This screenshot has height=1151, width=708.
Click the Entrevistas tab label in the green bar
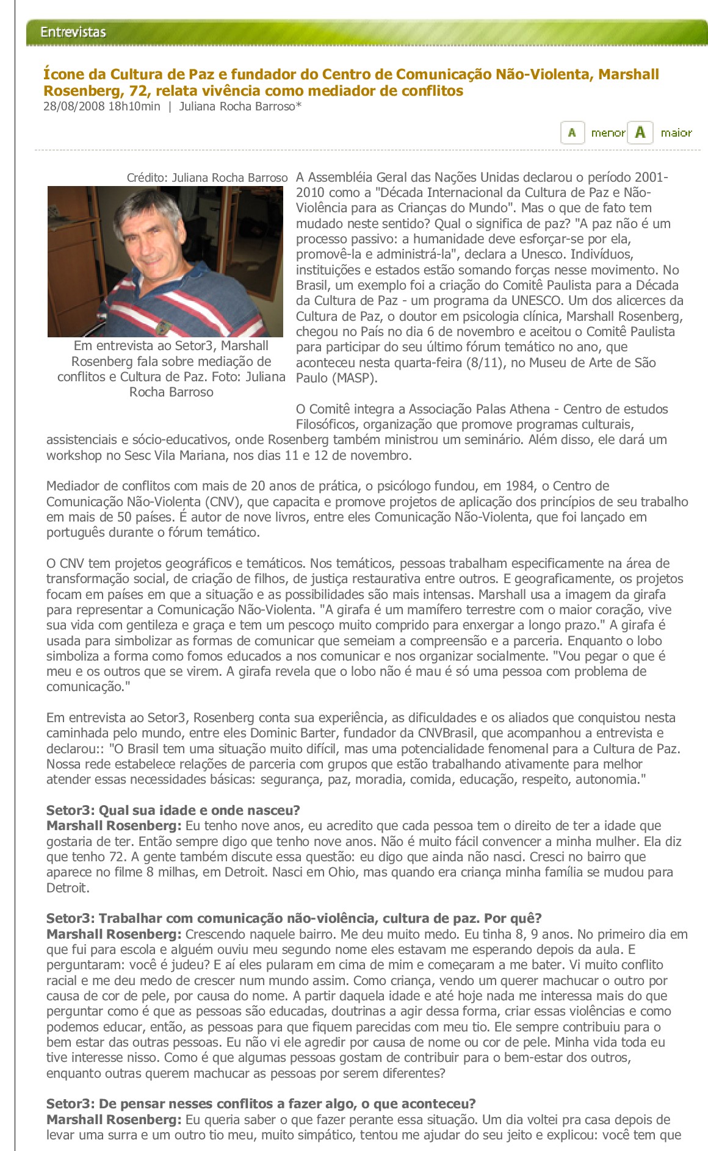pyautogui.click(x=73, y=32)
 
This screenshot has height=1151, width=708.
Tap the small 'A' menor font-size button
pyautogui.click(x=572, y=132)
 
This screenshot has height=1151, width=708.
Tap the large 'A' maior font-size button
pyautogui.click(x=640, y=132)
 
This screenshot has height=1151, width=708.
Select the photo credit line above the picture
pyautogui.click(x=207, y=177)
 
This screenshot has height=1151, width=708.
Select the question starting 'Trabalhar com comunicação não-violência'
pyautogui.click(x=294, y=919)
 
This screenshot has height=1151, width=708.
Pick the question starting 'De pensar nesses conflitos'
pyautogui.click(x=261, y=1104)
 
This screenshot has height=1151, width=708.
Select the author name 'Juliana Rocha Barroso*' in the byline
pyautogui.click(x=240, y=107)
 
